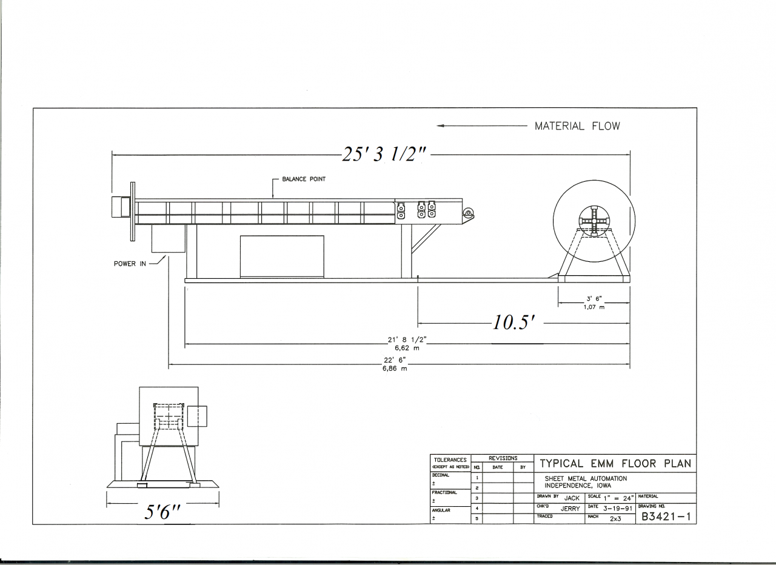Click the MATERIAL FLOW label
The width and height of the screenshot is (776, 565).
(x=577, y=126)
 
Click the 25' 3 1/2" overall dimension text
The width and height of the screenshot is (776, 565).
(x=384, y=155)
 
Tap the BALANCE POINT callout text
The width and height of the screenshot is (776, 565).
(x=304, y=179)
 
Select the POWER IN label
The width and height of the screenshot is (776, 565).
(x=130, y=264)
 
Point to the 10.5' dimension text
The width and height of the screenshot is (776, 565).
(x=513, y=323)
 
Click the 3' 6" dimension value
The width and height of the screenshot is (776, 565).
(x=594, y=299)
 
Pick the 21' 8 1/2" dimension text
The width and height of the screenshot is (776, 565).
(x=407, y=340)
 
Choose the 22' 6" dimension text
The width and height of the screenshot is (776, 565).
(x=395, y=360)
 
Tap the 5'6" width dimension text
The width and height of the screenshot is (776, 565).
(x=162, y=512)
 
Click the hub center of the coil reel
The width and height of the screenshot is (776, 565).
(x=594, y=221)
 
